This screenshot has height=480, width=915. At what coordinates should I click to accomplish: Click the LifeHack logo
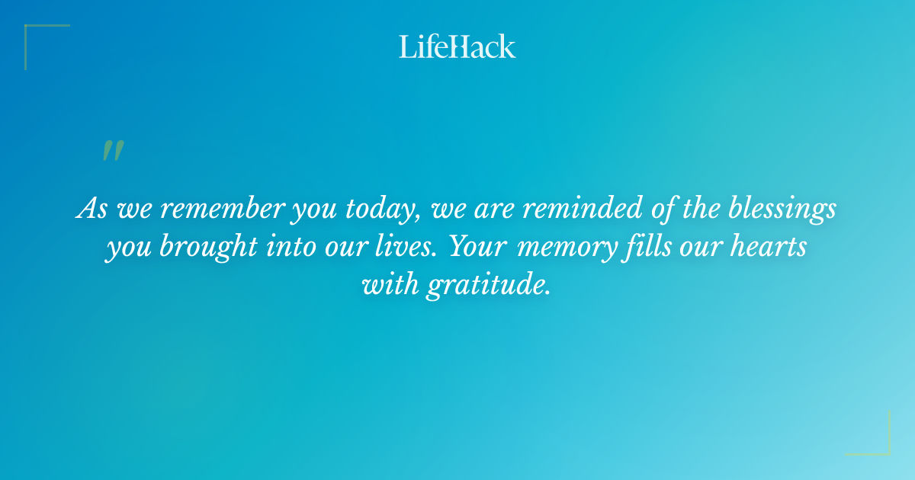pyautogui.click(x=457, y=46)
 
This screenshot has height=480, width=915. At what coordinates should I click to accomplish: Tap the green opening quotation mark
pyautogui.click(x=112, y=151)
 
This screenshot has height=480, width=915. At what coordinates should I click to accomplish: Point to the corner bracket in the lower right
pyautogui.click(x=877, y=442)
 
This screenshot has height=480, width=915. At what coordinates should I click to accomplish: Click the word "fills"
pyautogui.click(x=644, y=248)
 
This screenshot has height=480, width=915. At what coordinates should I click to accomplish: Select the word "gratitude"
pyautogui.click(x=488, y=286)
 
